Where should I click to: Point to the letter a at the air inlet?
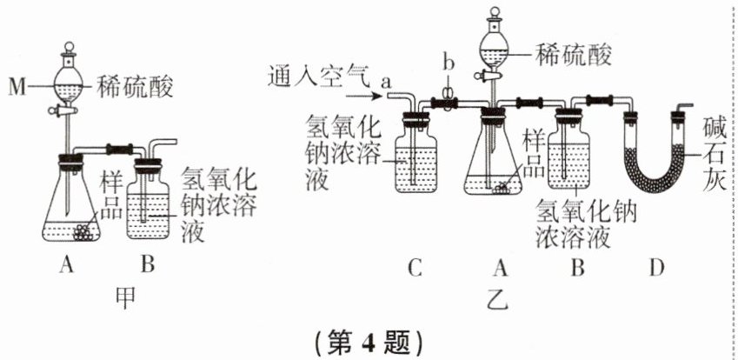pos(387,79)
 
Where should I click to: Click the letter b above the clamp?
pos(447,63)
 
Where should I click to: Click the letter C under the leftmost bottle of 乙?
pos(414,268)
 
